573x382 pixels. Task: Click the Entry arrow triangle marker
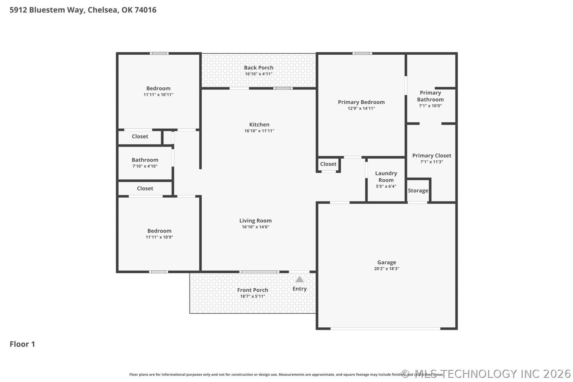click(x=299, y=280)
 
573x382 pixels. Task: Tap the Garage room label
click(x=386, y=262)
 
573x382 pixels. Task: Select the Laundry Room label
click(x=386, y=177)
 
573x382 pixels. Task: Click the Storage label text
click(x=418, y=191)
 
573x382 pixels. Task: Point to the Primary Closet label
click(x=432, y=155)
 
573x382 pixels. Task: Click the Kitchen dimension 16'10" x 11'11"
click(x=259, y=131)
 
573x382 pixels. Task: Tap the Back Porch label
click(x=258, y=68)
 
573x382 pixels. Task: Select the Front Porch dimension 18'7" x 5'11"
click(x=252, y=296)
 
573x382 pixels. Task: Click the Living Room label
click(x=255, y=221)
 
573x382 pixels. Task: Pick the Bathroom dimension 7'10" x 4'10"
click(x=145, y=166)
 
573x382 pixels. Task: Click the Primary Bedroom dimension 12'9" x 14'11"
click(x=361, y=108)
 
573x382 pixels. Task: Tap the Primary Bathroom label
click(x=430, y=96)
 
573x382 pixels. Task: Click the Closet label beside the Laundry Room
click(x=328, y=164)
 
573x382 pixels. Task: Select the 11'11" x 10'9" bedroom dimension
click(x=159, y=237)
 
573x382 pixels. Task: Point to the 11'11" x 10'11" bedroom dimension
click(x=158, y=95)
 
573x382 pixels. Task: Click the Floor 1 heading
click(x=22, y=344)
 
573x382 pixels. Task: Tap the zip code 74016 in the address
click(x=145, y=10)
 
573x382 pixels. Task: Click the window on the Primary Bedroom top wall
click(x=362, y=53)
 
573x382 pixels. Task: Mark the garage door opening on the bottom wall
click(x=385, y=329)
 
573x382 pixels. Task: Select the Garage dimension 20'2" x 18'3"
click(x=386, y=269)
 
